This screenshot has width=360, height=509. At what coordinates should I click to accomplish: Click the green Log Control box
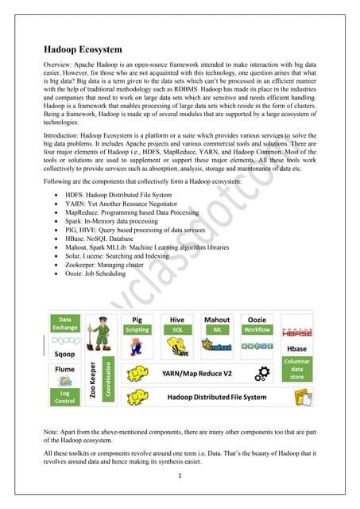click(x=65, y=396)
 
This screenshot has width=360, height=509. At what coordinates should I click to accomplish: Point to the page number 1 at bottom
click(x=180, y=476)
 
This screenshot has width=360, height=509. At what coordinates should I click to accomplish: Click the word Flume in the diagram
click(x=64, y=371)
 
